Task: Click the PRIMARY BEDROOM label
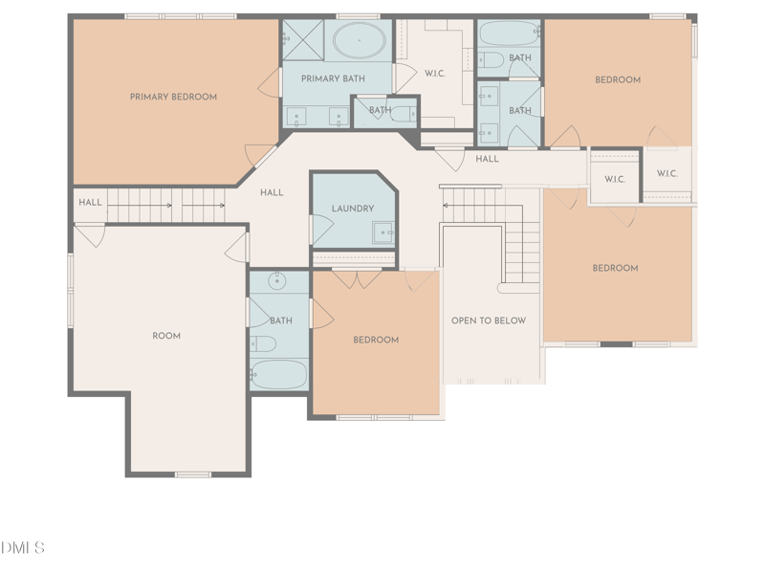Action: [173, 97]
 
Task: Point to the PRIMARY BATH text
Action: [333, 78]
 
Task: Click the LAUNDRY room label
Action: [352, 209]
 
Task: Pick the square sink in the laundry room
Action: [382, 232]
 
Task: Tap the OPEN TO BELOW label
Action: [489, 320]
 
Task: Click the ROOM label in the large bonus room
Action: [166, 336]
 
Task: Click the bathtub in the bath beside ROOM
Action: [279, 374]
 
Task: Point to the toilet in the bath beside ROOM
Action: [263, 343]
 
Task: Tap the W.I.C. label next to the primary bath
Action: [434, 73]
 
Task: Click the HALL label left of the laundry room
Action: [272, 192]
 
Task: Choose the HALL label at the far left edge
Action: [90, 203]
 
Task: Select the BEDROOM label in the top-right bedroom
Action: [618, 80]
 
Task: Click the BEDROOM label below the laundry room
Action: [376, 340]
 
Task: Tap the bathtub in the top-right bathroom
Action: [509, 33]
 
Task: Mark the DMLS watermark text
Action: [23, 548]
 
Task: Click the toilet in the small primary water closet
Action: [404, 114]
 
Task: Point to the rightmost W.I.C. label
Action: [667, 174]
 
